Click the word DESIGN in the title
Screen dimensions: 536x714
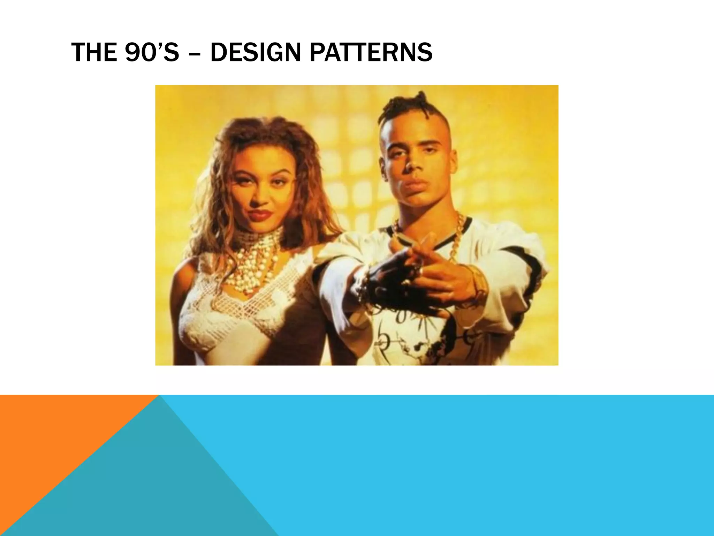[256, 52]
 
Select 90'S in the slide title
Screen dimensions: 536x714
[152, 52]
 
